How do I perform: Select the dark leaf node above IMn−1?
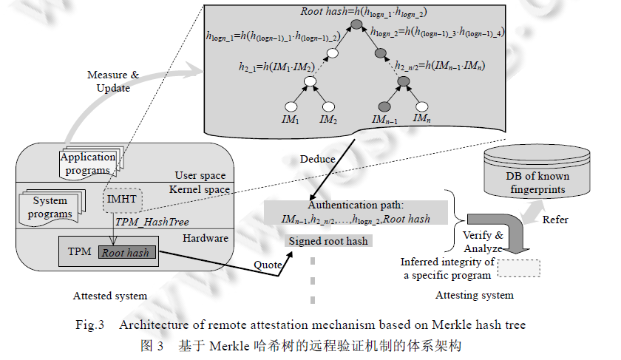pyautogui.click(x=384, y=106)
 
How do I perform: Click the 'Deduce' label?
pyautogui.click(x=317, y=159)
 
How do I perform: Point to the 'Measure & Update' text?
pyautogui.click(x=113, y=81)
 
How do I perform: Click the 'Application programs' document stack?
pyautogui.click(x=89, y=163)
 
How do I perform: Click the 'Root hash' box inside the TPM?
pyautogui.click(x=125, y=253)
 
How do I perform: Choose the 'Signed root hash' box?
pyautogui.click(x=328, y=241)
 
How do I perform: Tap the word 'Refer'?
pyautogui.click(x=556, y=220)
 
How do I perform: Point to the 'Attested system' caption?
pyautogui.click(x=110, y=296)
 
